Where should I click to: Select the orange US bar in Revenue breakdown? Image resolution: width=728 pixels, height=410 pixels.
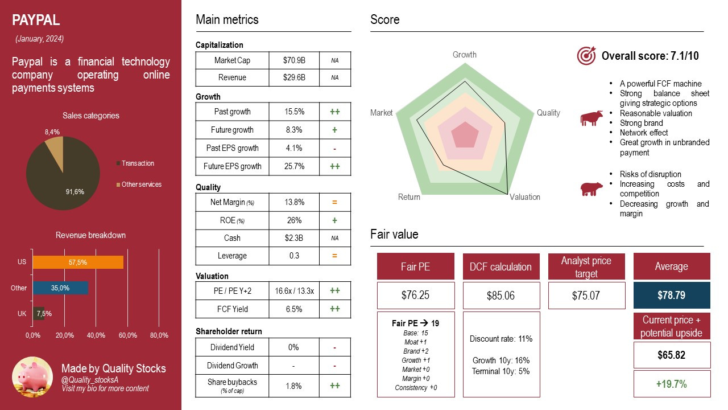point(78,262)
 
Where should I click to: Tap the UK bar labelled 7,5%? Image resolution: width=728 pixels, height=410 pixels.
point(39,313)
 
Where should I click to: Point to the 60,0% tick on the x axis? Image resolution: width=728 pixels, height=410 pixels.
point(127,335)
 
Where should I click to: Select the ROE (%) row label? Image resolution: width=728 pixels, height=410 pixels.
point(232,220)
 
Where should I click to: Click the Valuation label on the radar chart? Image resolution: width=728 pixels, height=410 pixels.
point(524,197)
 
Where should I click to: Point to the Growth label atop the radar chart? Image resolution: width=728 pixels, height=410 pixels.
point(465,55)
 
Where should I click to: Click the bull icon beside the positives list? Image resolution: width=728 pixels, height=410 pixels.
point(591,118)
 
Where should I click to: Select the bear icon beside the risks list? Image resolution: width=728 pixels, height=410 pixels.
point(591,189)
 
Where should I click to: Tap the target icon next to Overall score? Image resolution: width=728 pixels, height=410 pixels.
point(586,56)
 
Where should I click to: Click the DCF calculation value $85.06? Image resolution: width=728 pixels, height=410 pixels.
point(501,296)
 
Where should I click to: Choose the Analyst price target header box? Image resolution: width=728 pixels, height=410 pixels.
point(586,267)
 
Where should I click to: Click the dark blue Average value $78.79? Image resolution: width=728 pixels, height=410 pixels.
point(672,296)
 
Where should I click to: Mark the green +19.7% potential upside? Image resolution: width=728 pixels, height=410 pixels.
point(672,384)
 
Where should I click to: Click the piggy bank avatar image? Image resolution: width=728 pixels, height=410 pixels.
point(32,377)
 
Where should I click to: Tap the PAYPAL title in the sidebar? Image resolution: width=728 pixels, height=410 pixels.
point(36,21)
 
